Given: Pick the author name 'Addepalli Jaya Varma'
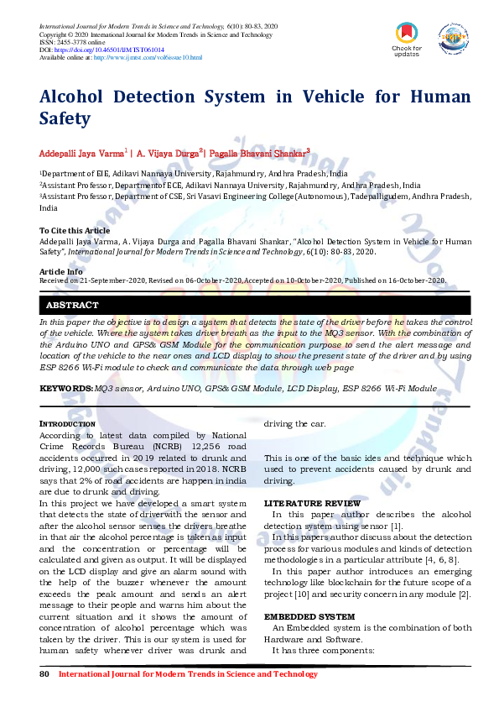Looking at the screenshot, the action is [81, 154].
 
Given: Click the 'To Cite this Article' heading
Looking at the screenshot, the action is [74, 230].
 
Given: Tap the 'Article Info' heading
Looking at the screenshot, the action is [61, 271].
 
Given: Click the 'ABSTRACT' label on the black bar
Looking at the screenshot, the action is [72, 306].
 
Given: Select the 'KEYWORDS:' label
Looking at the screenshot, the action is [66, 389].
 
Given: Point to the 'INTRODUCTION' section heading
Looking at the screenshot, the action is [67, 425].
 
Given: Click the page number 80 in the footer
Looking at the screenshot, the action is [44, 674].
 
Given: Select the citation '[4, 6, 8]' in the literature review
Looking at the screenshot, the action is [441, 559].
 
